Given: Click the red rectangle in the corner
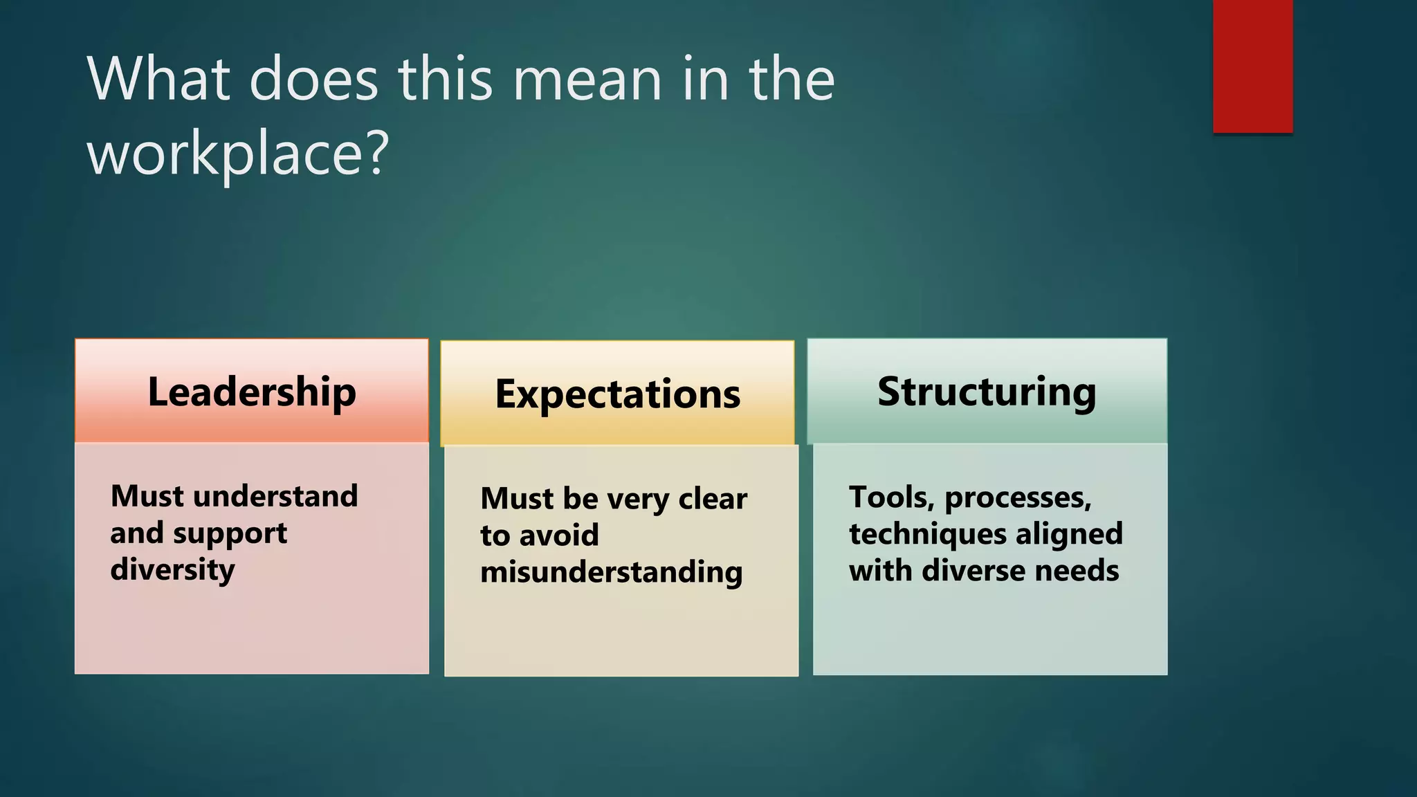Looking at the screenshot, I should click(x=1252, y=66).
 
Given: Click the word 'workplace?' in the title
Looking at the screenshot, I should click(x=238, y=154).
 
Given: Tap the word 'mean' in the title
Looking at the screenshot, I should click(x=587, y=80).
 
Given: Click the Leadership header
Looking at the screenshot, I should click(x=252, y=392).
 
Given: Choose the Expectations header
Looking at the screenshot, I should click(x=617, y=394).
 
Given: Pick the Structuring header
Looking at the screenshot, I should click(x=987, y=392).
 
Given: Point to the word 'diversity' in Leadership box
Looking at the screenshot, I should click(x=172, y=570).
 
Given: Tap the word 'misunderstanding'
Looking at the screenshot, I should click(x=612, y=573).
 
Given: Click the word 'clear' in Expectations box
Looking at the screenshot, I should click(x=713, y=499).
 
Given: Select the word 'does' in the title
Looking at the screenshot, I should click(x=313, y=80).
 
